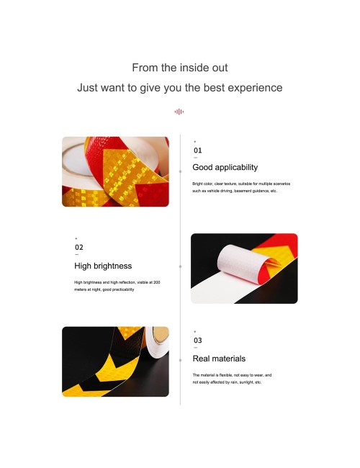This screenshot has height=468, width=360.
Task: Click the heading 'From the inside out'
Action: [x=180, y=68]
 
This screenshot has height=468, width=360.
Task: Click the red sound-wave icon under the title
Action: [x=179, y=112]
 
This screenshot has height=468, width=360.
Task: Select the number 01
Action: [x=197, y=150]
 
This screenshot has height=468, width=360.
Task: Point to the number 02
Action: [x=79, y=248]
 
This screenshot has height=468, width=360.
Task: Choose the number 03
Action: [x=197, y=341]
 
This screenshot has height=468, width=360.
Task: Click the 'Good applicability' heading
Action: [x=225, y=168]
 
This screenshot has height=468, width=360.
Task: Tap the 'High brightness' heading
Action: [x=103, y=266]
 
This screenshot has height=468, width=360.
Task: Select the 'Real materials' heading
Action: [x=219, y=359]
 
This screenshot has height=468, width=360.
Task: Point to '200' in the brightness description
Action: [x=157, y=282]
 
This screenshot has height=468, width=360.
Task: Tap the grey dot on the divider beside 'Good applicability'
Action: [x=180, y=171]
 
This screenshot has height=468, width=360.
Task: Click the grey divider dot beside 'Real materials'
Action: [x=180, y=361]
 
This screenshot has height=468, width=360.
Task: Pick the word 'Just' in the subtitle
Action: [x=86, y=88]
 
